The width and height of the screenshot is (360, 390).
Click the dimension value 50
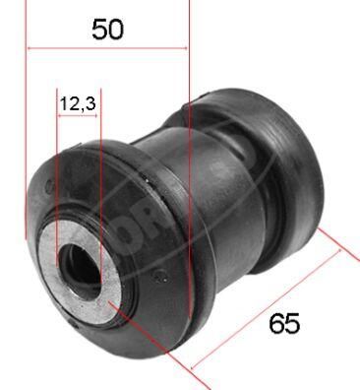tap(107, 29)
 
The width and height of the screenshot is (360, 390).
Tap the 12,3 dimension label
tap(78, 101)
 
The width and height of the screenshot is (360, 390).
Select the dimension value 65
tap(283, 323)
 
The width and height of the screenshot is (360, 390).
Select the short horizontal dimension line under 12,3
tap(79, 115)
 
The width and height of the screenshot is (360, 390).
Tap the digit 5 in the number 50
tap(99, 29)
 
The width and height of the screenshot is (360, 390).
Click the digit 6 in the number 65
tap(275, 323)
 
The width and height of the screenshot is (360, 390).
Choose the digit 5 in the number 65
tap(291, 323)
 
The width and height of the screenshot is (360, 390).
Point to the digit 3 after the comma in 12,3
tap(91, 101)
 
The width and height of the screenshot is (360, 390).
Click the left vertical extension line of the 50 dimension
tap(27, 118)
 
